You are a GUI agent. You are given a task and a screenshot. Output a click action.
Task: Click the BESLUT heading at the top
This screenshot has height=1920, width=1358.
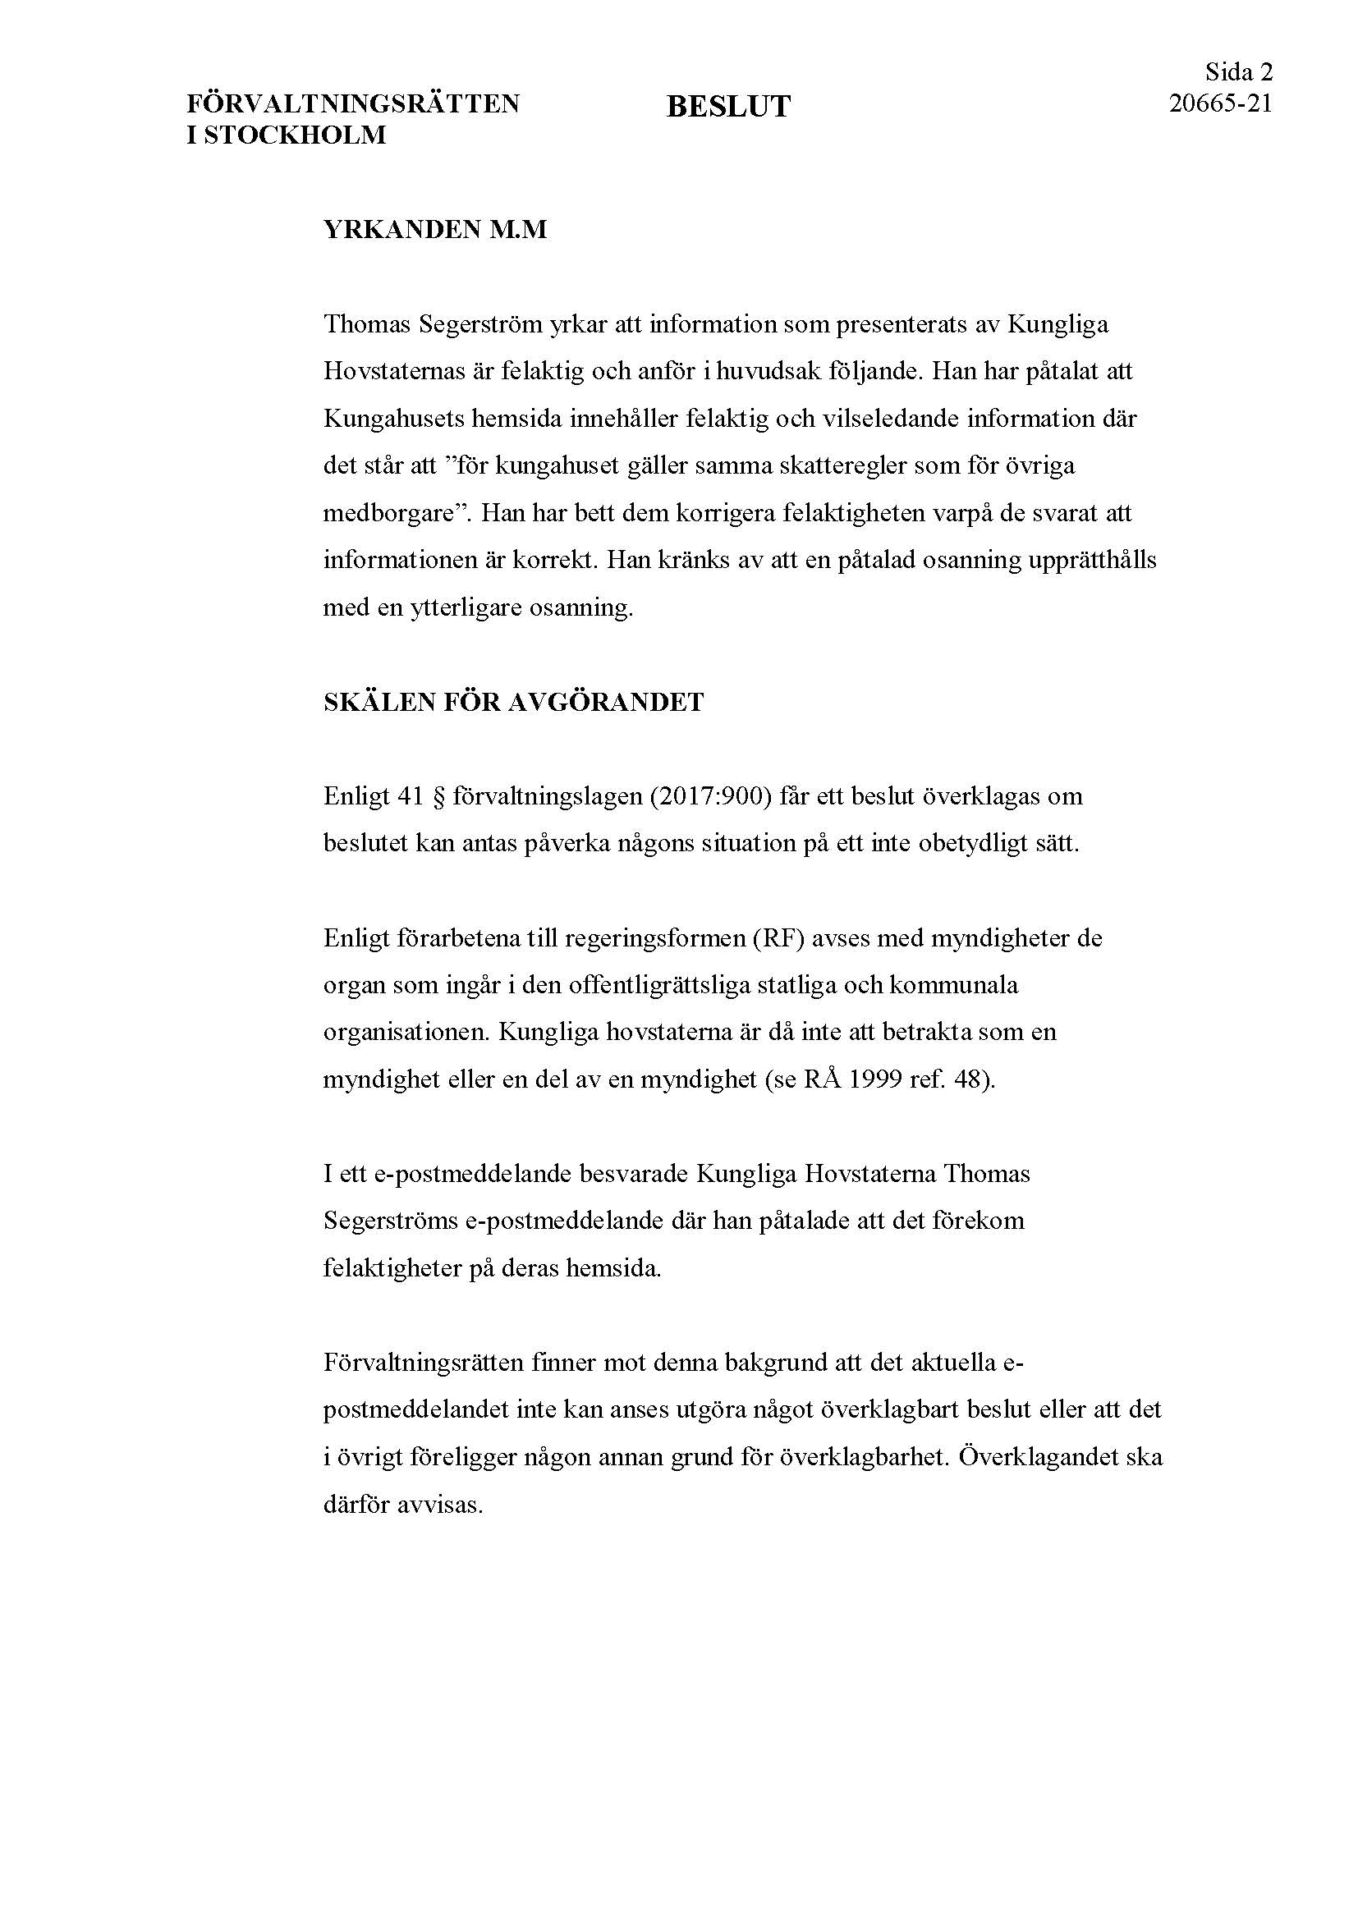(x=727, y=107)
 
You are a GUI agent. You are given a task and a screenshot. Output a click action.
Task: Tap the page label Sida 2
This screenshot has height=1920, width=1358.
(x=1238, y=73)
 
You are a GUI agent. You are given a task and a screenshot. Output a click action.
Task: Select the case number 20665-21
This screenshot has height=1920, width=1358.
(x=1220, y=103)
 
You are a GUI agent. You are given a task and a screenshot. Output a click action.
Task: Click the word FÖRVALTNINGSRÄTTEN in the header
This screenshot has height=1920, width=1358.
(x=352, y=103)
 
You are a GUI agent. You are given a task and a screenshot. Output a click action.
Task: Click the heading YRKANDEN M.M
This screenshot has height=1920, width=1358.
(x=435, y=229)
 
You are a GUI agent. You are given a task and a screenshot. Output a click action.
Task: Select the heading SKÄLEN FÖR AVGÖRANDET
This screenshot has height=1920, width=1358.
(x=513, y=703)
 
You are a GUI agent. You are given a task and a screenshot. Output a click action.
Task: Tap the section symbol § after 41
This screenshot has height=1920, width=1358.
(x=436, y=795)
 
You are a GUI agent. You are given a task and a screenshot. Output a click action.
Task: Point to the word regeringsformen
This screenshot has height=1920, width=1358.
(x=653, y=937)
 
